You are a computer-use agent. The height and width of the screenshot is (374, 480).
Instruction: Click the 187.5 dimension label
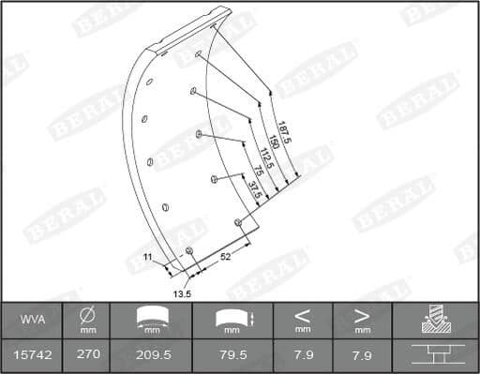pyautogui.click(x=284, y=132)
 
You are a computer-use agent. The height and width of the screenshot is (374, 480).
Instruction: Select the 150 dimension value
pyautogui.click(x=274, y=142)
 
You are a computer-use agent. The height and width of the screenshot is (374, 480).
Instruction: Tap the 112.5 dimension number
pyautogui.click(x=266, y=158)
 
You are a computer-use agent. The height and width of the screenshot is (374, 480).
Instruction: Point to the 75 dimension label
pyautogui.click(x=259, y=171)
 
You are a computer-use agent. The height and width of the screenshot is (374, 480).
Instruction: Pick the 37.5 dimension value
pyautogui.click(x=255, y=190)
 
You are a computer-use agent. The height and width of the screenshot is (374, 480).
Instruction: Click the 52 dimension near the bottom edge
pyautogui.click(x=225, y=257)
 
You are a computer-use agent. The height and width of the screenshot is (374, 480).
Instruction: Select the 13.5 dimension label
pyautogui.click(x=182, y=294)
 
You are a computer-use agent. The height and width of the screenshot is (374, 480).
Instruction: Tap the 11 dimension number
pyautogui.click(x=147, y=257)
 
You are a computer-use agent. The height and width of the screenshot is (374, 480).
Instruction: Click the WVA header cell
pyautogui.click(x=33, y=320)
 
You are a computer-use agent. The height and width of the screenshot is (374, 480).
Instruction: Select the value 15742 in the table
pyautogui.click(x=33, y=355)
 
